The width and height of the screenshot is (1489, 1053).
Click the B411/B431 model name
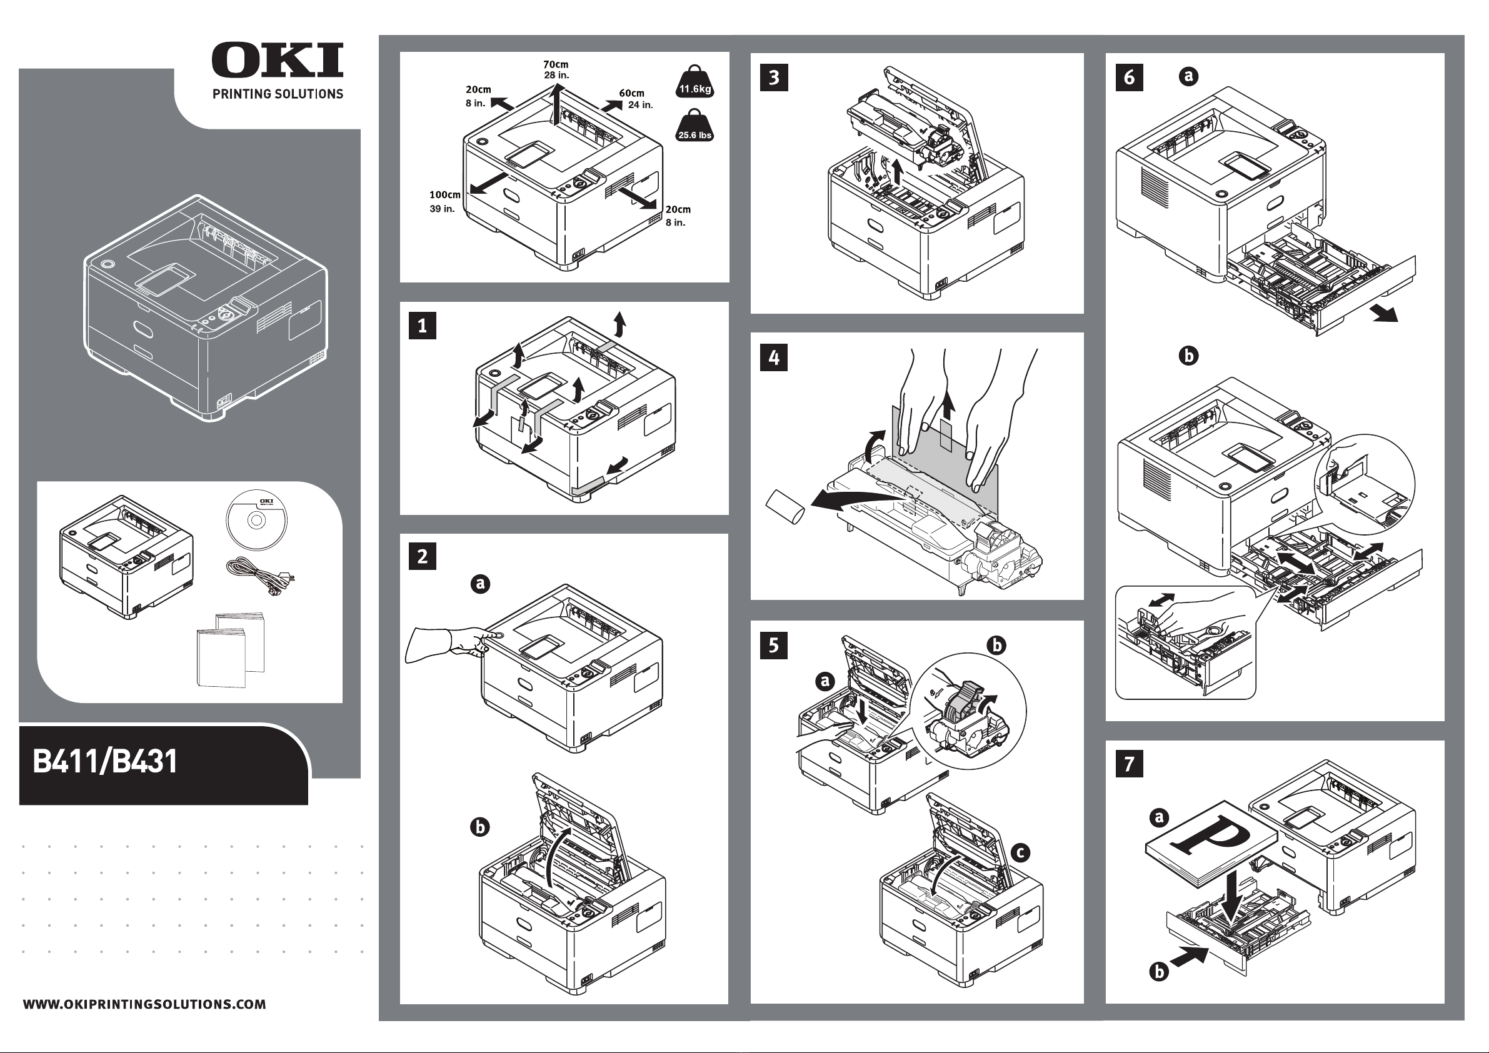(x=105, y=761)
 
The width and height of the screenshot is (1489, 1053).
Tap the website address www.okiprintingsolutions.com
(x=144, y=1004)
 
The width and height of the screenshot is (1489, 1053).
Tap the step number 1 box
(x=422, y=326)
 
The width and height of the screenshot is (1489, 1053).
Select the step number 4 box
(x=774, y=357)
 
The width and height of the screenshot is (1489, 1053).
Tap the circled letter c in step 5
(x=1020, y=852)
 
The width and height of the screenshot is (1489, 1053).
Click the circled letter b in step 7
(x=1158, y=972)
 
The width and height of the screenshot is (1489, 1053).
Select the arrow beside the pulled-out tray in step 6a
(x=1385, y=314)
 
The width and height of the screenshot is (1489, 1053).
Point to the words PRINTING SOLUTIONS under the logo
(x=278, y=94)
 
